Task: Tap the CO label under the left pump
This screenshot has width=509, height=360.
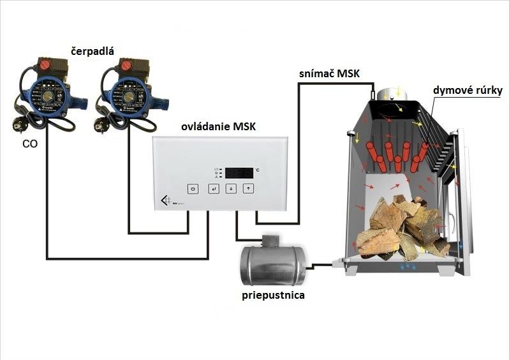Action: (x=29, y=144)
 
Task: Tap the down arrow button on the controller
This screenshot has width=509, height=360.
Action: (x=231, y=188)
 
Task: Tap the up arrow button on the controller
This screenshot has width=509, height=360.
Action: (x=249, y=188)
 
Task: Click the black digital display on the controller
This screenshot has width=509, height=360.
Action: (x=239, y=172)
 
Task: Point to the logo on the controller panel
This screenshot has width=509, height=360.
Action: (x=167, y=201)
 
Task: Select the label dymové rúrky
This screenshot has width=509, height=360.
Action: (x=468, y=91)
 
